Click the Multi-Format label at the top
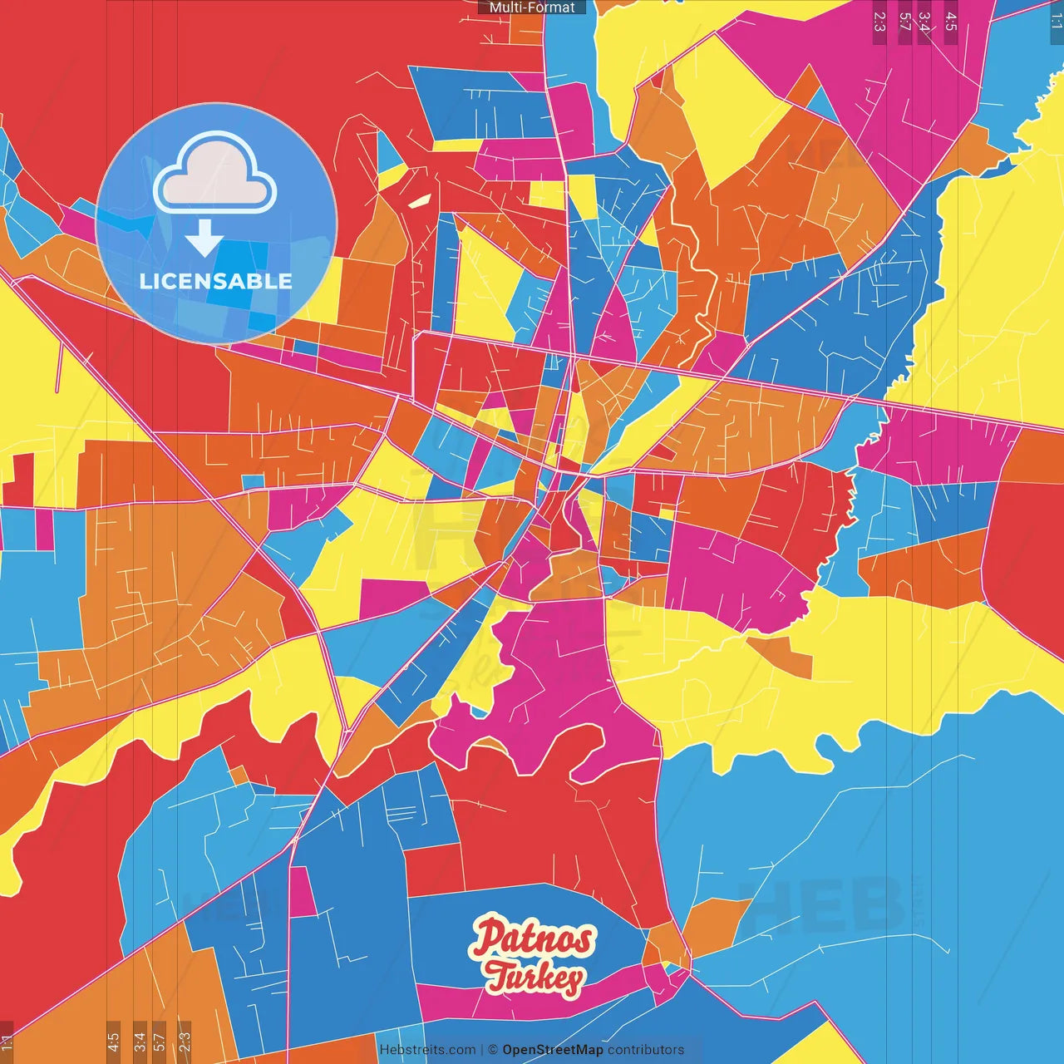pyautogui.click(x=532, y=7)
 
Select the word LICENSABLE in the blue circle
pyautogui.click(x=216, y=281)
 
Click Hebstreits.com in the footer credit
pyautogui.click(x=427, y=1050)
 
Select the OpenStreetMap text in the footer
pyautogui.click(x=553, y=1050)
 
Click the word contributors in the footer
pyautogui.click(x=646, y=1050)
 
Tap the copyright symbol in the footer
pyautogui.click(x=493, y=1050)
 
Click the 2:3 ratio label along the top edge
pyautogui.click(x=879, y=22)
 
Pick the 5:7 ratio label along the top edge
pyautogui.click(x=904, y=22)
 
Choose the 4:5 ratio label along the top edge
pyautogui.click(x=951, y=22)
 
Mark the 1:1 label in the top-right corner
pyautogui.click(x=1056, y=20)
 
